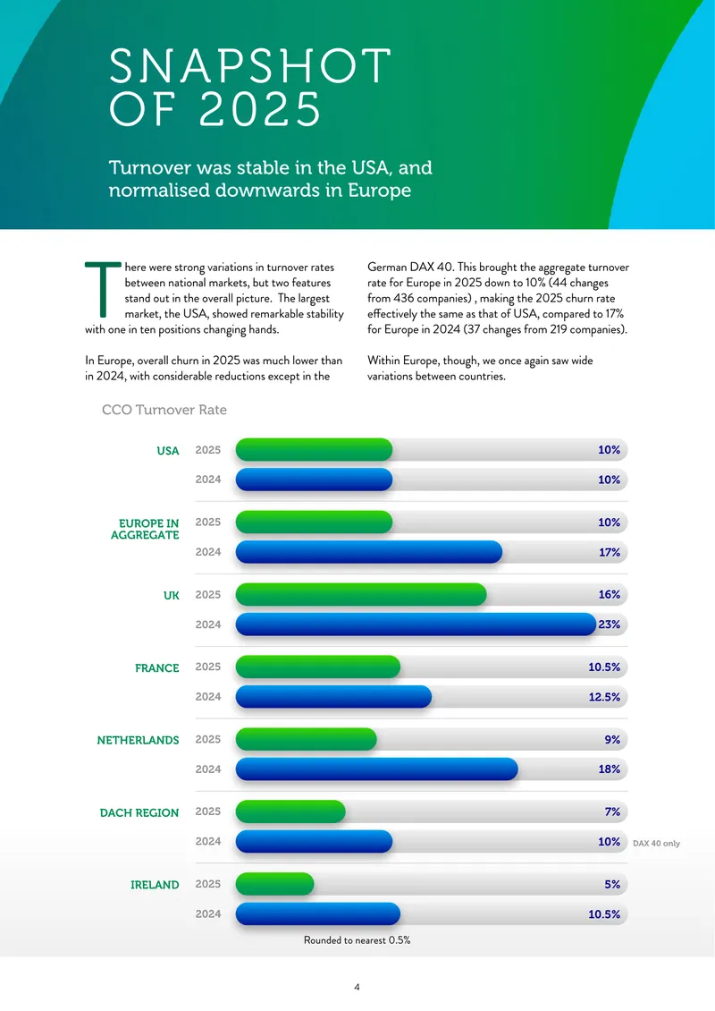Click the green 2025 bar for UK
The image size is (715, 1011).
click(x=361, y=594)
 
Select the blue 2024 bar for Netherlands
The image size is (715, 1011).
click(x=377, y=769)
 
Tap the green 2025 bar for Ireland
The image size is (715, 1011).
click(x=274, y=884)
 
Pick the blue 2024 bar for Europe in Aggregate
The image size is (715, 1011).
click(x=368, y=552)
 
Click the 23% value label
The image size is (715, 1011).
click(x=610, y=624)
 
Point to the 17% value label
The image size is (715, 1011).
click(x=610, y=552)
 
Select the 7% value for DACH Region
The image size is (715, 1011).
click(x=612, y=811)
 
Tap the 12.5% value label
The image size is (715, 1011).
click(x=604, y=697)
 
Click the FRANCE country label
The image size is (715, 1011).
click(x=157, y=668)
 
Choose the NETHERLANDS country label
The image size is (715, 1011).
click(x=138, y=740)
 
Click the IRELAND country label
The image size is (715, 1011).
click(x=155, y=885)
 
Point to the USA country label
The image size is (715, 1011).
click(x=168, y=451)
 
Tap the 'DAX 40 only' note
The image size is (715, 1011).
click(x=656, y=844)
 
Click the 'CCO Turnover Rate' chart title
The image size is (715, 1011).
click(x=164, y=410)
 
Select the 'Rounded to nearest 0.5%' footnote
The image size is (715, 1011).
click(x=357, y=940)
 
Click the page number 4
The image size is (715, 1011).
click(x=357, y=987)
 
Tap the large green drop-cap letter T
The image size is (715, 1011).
click(x=103, y=289)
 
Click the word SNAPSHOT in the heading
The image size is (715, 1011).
click(x=250, y=65)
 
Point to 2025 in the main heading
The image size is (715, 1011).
click(x=259, y=108)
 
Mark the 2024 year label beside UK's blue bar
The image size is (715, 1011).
click(x=208, y=624)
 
